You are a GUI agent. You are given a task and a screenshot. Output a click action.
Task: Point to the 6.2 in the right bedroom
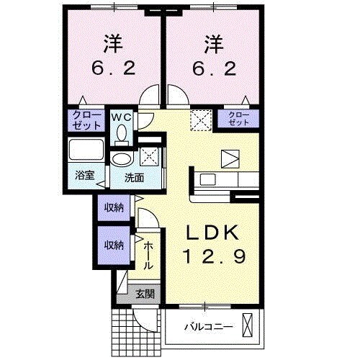(x=214, y=68)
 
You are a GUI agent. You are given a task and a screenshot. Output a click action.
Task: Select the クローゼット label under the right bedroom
(x=238, y=119)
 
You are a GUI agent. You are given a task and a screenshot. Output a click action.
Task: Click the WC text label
(x=120, y=115)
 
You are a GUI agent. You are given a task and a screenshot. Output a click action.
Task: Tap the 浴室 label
(x=84, y=174)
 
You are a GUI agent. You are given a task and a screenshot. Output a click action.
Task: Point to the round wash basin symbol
(x=122, y=159)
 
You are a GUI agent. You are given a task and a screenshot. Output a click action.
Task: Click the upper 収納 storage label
(x=114, y=207)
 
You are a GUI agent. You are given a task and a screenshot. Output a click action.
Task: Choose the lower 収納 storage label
(x=114, y=245)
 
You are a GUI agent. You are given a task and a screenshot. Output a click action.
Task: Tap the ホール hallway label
(x=148, y=256)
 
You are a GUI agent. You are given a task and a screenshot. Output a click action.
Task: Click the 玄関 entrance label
(x=144, y=294)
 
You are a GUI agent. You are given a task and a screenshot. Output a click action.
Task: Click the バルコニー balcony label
(x=207, y=326)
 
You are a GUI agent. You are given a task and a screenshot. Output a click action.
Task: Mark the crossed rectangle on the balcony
(x=248, y=326)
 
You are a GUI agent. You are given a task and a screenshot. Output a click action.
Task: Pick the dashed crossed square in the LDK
(x=199, y=119)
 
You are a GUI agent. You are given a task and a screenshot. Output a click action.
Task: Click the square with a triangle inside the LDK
(x=231, y=158)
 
